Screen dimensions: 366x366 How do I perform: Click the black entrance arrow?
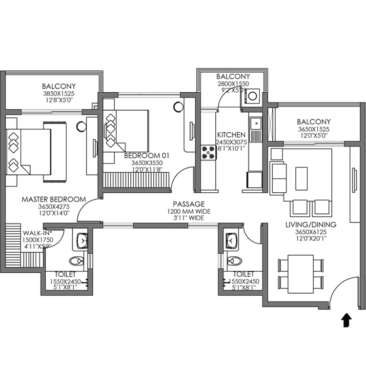point(346,320)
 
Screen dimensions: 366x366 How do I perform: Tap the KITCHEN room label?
point(228,134)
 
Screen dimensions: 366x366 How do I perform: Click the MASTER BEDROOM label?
point(54,200)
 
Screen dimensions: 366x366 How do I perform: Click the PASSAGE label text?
point(188,204)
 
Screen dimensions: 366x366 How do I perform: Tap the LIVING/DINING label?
point(310,224)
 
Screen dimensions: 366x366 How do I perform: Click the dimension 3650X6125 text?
point(310,232)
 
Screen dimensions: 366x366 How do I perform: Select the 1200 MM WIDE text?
point(188,211)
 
